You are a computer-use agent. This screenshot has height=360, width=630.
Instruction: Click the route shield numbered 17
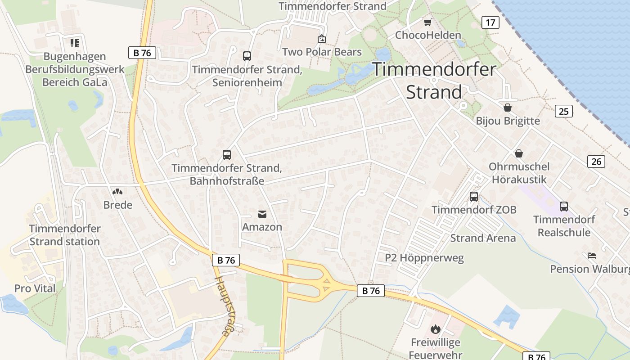tap(490, 22)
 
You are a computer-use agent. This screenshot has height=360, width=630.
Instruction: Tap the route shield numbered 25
tap(563, 111)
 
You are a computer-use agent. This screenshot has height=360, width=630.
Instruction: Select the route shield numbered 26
tap(596, 161)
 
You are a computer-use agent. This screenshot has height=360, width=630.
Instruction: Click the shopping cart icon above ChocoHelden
tap(427, 22)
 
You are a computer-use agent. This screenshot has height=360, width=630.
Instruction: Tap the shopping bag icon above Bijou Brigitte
tap(508, 108)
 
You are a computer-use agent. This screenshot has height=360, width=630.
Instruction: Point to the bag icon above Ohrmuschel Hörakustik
tap(519, 153)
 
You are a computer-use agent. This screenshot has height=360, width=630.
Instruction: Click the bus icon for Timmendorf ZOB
tap(474, 196)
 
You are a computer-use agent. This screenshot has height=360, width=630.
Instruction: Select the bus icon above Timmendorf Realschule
tap(564, 206)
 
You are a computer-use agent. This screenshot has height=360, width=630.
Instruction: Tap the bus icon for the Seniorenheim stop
tap(247, 56)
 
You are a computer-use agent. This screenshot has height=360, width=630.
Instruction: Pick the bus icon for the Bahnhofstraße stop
tap(227, 155)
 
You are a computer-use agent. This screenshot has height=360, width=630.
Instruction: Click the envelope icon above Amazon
tap(262, 214)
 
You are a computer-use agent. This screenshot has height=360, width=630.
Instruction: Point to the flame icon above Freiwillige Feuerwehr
tap(435, 329)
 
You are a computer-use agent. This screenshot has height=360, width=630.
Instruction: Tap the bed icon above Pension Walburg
tap(592, 256)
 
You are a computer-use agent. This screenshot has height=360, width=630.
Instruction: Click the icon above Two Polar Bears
tap(322, 39)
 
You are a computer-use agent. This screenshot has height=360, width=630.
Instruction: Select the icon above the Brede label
tap(117, 192)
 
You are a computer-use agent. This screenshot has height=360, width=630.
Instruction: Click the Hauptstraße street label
tap(224, 306)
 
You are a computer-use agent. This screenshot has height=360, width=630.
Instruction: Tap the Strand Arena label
tap(483, 238)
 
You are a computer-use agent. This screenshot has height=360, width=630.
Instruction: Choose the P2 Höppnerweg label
tap(424, 258)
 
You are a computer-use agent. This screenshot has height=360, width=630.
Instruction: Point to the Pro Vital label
tap(35, 288)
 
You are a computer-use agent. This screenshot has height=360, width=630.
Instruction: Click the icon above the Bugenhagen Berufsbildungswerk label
tap(75, 43)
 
